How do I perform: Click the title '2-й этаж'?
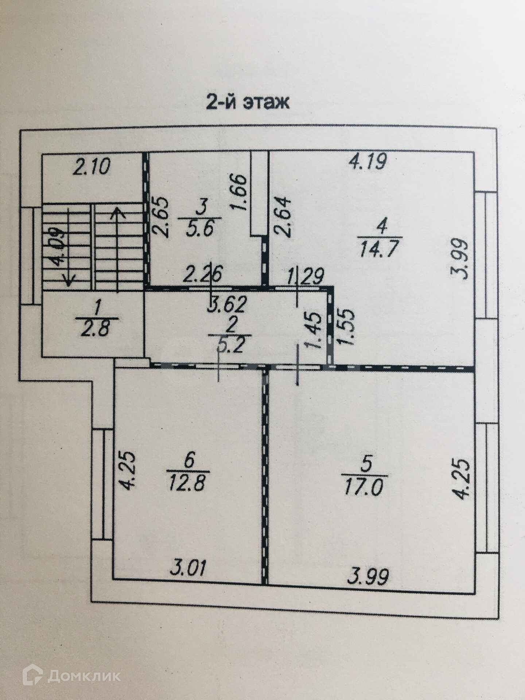point(248,102)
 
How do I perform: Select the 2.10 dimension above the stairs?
point(91,168)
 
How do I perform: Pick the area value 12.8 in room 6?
point(188,485)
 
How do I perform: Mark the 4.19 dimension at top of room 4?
point(367,162)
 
